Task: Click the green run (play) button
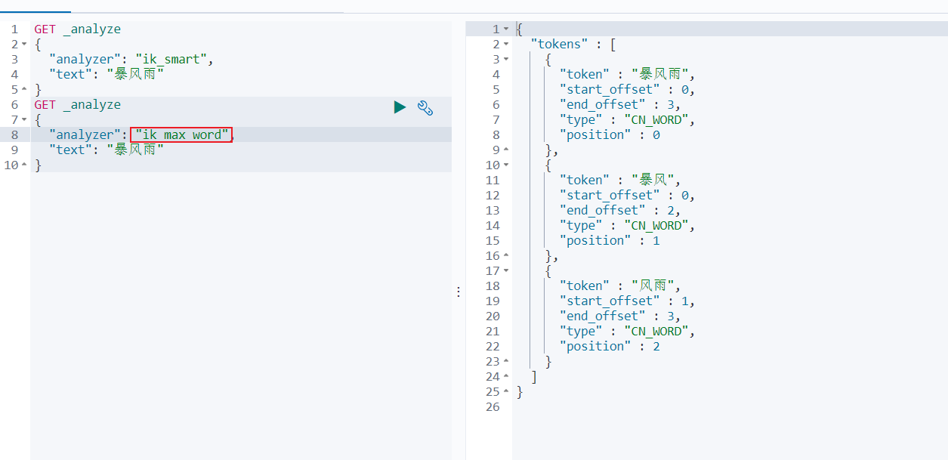400,107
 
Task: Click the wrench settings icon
425,108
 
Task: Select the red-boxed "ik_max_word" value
181,134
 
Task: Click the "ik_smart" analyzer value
171,59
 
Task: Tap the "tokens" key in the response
559,44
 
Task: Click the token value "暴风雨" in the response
659,74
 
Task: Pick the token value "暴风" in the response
653,180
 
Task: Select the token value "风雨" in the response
653,286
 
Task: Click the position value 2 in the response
656,347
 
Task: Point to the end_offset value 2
670,210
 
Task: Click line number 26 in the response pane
493,407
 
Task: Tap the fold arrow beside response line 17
506,270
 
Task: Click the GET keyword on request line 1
45,29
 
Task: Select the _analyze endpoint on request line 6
92,104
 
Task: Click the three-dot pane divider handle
459,292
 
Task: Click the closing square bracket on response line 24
534,377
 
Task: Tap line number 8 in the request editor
14,135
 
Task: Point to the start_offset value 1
685,301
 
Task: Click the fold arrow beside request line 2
24,44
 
